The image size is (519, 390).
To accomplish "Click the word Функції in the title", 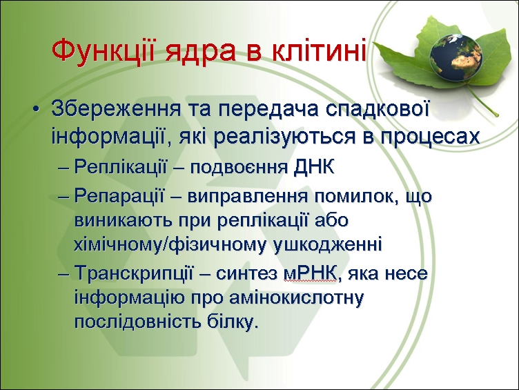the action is pyautogui.click(x=103, y=50).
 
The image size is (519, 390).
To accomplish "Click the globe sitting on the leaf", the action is pyautogui.click(x=456, y=57).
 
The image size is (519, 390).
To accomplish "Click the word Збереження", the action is pyautogui.click(x=116, y=109).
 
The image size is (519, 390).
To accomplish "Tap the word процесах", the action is pyautogui.click(x=430, y=137).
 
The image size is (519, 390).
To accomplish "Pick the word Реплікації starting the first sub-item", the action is pyautogui.click(x=121, y=166).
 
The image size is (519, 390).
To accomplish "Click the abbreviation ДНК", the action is pyautogui.click(x=314, y=167).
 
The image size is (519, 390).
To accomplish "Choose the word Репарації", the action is pyautogui.click(x=119, y=196).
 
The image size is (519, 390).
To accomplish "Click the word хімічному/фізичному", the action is pyautogui.click(x=170, y=245).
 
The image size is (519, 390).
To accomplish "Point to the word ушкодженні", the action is pyautogui.click(x=329, y=244).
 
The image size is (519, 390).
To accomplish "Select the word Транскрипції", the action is pyautogui.click(x=133, y=274).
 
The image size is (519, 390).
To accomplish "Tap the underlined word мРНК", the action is pyautogui.click(x=310, y=273).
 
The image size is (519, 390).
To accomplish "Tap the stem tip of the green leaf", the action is pyautogui.click(x=496, y=115).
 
